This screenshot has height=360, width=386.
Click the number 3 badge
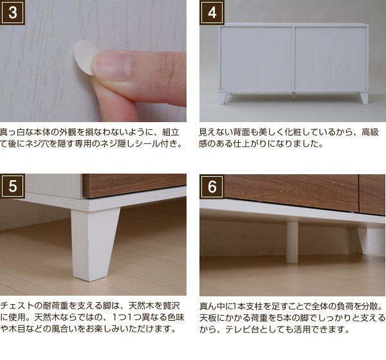[13, 12]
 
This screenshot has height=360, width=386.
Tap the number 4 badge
[212, 12]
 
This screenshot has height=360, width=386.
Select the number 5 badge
[13, 186]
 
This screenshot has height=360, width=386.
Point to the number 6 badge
[212, 186]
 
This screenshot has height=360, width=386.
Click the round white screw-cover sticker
[84, 57]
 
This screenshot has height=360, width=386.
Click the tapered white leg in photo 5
[95, 244]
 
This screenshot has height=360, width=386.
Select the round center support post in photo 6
[292, 242]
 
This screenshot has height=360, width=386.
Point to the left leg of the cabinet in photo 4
[225, 98]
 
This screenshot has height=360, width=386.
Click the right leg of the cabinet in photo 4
[363, 98]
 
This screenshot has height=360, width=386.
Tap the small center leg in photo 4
[293, 96]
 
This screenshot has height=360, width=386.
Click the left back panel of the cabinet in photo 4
[256, 59]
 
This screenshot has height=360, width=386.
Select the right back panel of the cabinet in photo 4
[331, 59]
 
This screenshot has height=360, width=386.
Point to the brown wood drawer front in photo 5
[134, 186]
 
